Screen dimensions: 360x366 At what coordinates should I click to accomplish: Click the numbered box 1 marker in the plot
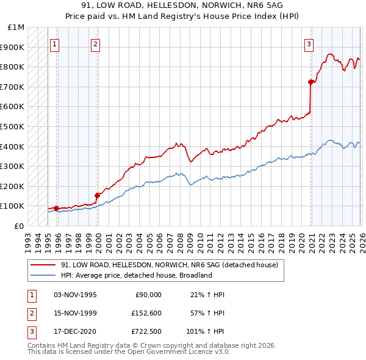55,43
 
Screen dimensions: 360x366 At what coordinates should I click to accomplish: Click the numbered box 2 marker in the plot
96,43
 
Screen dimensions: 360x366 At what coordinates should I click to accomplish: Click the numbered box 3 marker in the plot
309,43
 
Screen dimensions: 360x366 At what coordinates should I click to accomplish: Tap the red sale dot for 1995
56,208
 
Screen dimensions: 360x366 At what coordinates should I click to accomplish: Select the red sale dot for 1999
97,195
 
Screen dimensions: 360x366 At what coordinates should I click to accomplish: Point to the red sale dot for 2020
310,82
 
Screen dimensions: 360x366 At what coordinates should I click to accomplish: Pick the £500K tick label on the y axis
12,126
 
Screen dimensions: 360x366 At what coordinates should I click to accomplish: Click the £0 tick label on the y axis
19,226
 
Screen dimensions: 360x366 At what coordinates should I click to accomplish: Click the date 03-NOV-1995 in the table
75,295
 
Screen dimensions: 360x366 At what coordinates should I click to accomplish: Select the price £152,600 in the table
146,314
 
